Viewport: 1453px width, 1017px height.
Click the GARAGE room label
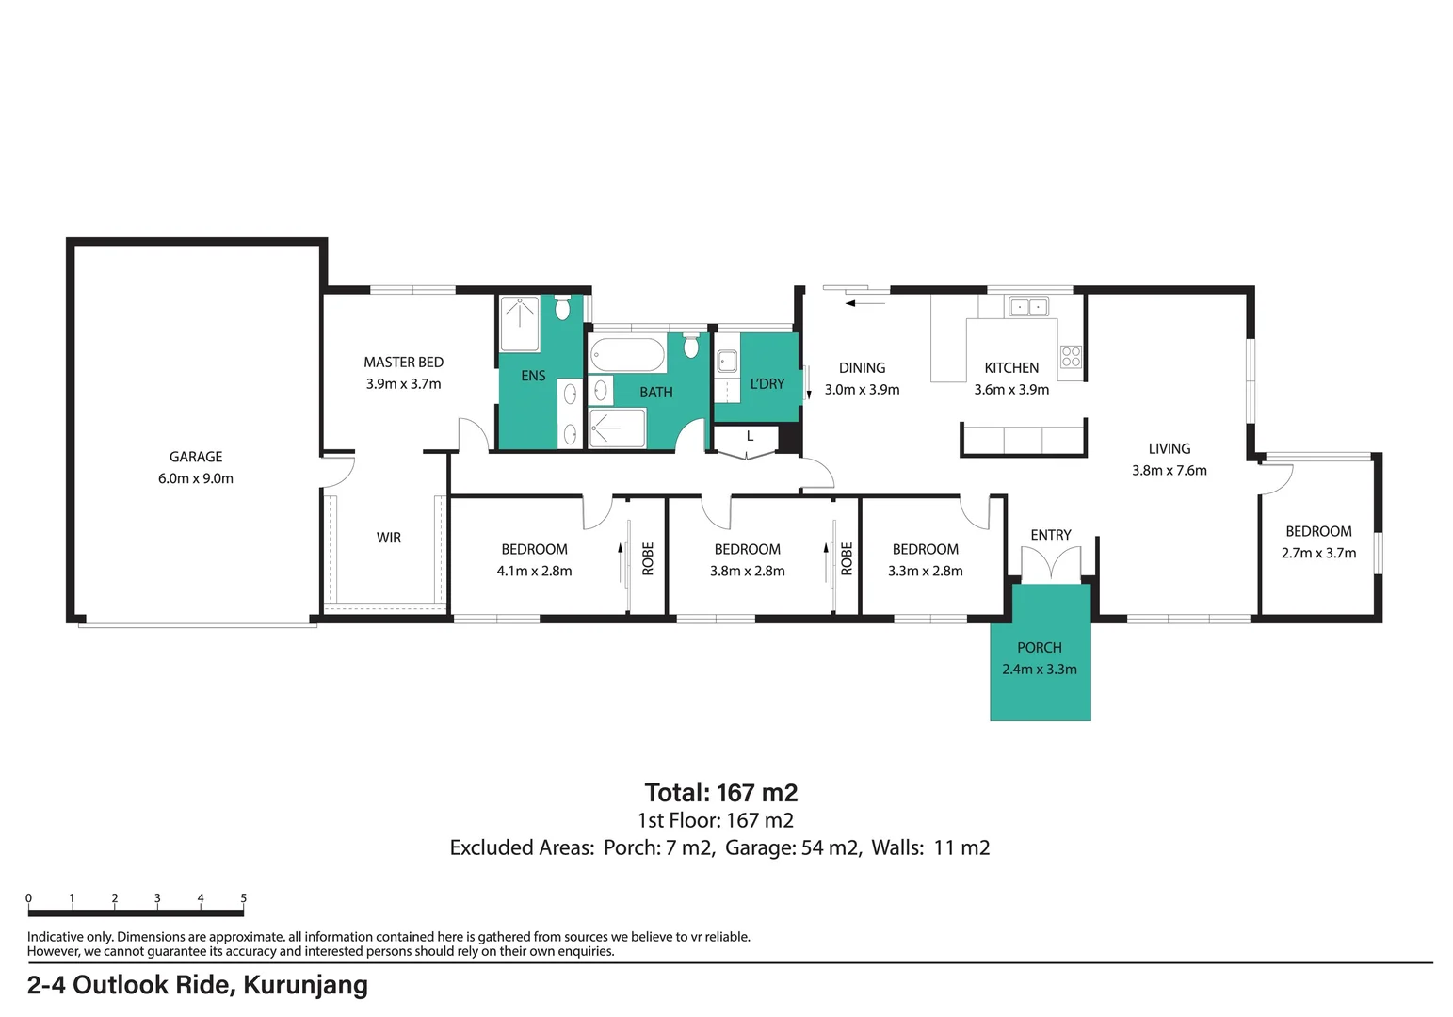[196, 457]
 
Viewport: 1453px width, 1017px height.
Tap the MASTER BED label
[403, 362]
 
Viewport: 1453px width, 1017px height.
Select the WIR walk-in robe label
[389, 537]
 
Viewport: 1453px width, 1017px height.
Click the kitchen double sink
[1028, 306]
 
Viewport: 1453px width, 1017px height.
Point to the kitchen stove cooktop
[1071, 357]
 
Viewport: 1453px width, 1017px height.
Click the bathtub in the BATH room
[627, 355]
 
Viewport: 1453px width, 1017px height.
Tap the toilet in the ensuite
[562, 307]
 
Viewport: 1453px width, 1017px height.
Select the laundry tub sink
[727, 362]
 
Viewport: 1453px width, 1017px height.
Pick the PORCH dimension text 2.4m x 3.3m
[1040, 669]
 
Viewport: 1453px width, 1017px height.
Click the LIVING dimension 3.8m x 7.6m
[1169, 470]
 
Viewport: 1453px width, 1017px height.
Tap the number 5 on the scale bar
[244, 898]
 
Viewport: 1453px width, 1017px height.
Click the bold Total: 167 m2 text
[720, 793]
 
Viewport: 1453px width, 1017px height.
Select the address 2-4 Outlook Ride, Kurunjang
[198, 985]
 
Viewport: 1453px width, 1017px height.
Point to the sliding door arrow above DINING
[865, 303]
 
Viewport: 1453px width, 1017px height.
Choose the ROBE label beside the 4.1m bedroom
[647, 558]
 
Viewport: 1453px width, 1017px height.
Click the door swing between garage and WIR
[339, 472]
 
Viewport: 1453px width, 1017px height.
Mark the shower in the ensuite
[520, 323]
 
